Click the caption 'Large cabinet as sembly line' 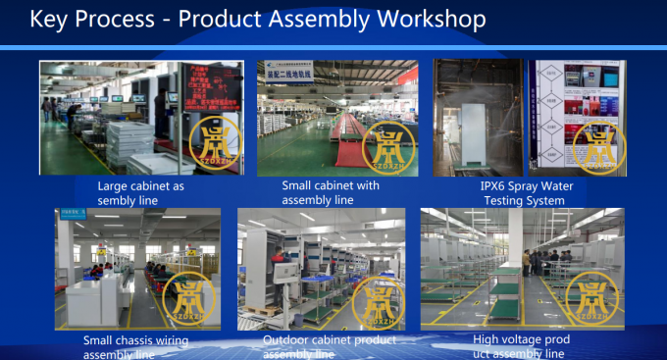[x=141, y=193]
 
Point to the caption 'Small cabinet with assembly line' [x=331, y=192]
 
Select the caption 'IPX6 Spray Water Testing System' [x=529, y=193]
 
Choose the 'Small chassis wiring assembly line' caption [x=135, y=346]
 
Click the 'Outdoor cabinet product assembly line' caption [x=330, y=346]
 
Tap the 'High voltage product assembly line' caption [x=514, y=346]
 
